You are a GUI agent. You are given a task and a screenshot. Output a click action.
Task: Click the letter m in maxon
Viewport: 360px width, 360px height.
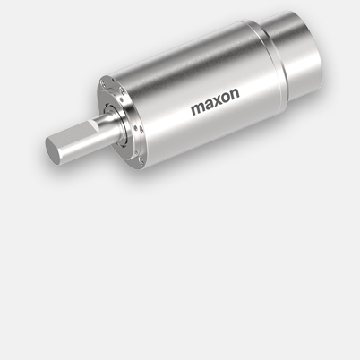tap(199, 108)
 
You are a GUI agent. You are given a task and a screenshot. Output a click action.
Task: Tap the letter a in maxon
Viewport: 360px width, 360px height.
tap(211, 105)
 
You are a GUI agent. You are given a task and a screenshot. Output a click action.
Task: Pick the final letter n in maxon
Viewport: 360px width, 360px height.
tap(236, 94)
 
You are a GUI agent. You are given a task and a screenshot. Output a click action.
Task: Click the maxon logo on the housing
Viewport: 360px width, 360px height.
tap(215, 102)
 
